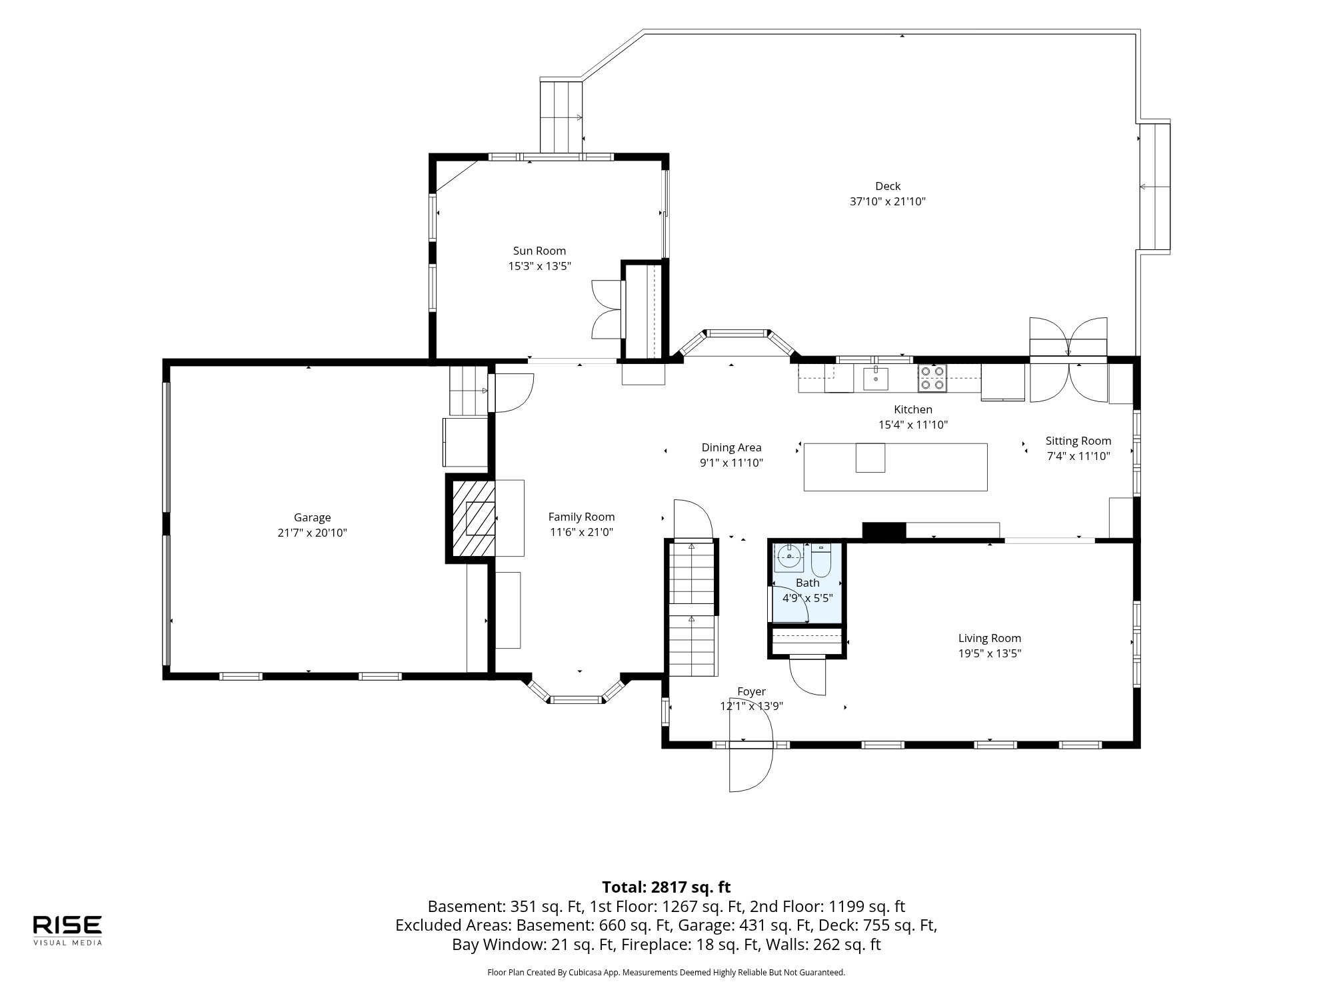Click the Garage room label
(312, 517)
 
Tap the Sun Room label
(539, 251)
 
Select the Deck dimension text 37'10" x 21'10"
(888, 201)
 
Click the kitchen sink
(876, 378)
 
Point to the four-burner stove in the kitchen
(932, 378)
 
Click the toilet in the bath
(821, 561)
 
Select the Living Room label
(990, 638)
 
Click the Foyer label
(751, 691)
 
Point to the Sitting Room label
(1078, 441)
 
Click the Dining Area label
(731, 447)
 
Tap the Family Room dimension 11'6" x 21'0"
(581, 532)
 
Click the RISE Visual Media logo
(68, 930)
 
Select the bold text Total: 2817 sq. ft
(666, 887)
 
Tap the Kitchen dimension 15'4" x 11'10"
(913, 425)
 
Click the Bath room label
(808, 583)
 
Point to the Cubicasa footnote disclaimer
(666, 973)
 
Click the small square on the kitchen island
(870, 457)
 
